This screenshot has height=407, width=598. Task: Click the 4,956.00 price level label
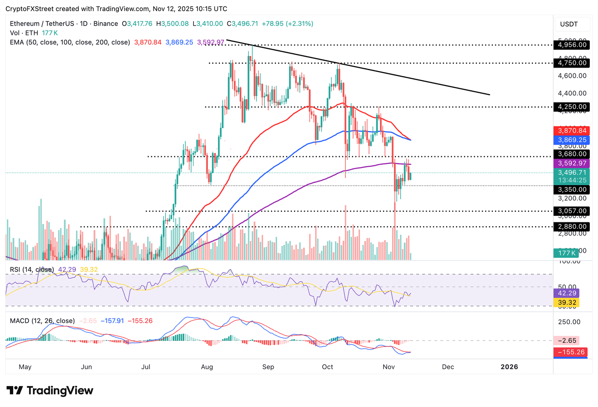[572, 45]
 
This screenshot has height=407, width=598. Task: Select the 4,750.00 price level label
[572, 63]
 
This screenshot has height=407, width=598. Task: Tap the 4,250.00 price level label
[572, 107]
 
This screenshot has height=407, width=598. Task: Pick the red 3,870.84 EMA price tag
[572, 131]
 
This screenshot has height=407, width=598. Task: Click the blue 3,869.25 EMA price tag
[572, 140]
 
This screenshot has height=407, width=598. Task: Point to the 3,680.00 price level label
[572, 154]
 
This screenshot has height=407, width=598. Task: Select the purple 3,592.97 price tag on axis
[572, 163]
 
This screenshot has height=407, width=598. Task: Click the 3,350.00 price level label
[572, 189]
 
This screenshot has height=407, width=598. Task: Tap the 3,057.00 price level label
[572, 211]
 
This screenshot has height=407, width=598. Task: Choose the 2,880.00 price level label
[572, 226]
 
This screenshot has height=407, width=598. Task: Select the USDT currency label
[569, 24]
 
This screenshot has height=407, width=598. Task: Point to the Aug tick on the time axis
[207, 367]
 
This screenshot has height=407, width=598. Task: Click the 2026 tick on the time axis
[509, 367]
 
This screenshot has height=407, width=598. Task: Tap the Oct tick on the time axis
[327, 367]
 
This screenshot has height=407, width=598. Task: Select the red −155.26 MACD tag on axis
[571, 352]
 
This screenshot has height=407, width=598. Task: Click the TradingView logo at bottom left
[50, 390]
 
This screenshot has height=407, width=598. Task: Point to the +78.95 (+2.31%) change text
[287, 24]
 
